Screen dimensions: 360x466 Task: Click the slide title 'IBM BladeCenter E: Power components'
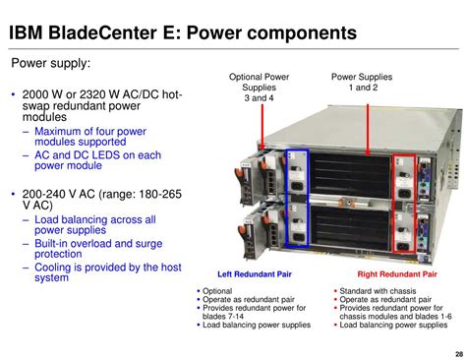click(182, 33)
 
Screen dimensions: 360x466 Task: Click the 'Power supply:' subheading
click(50, 64)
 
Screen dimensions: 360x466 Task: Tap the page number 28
click(456, 353)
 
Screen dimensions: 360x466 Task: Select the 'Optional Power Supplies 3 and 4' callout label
click(260, 88)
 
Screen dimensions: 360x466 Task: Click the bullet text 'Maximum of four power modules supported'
click(90, 137)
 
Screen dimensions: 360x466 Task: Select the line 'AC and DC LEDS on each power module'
click(97, 161)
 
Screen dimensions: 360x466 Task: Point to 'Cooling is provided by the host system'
click(107, 271)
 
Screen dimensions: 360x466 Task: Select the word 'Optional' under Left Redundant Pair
click(218, 291)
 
